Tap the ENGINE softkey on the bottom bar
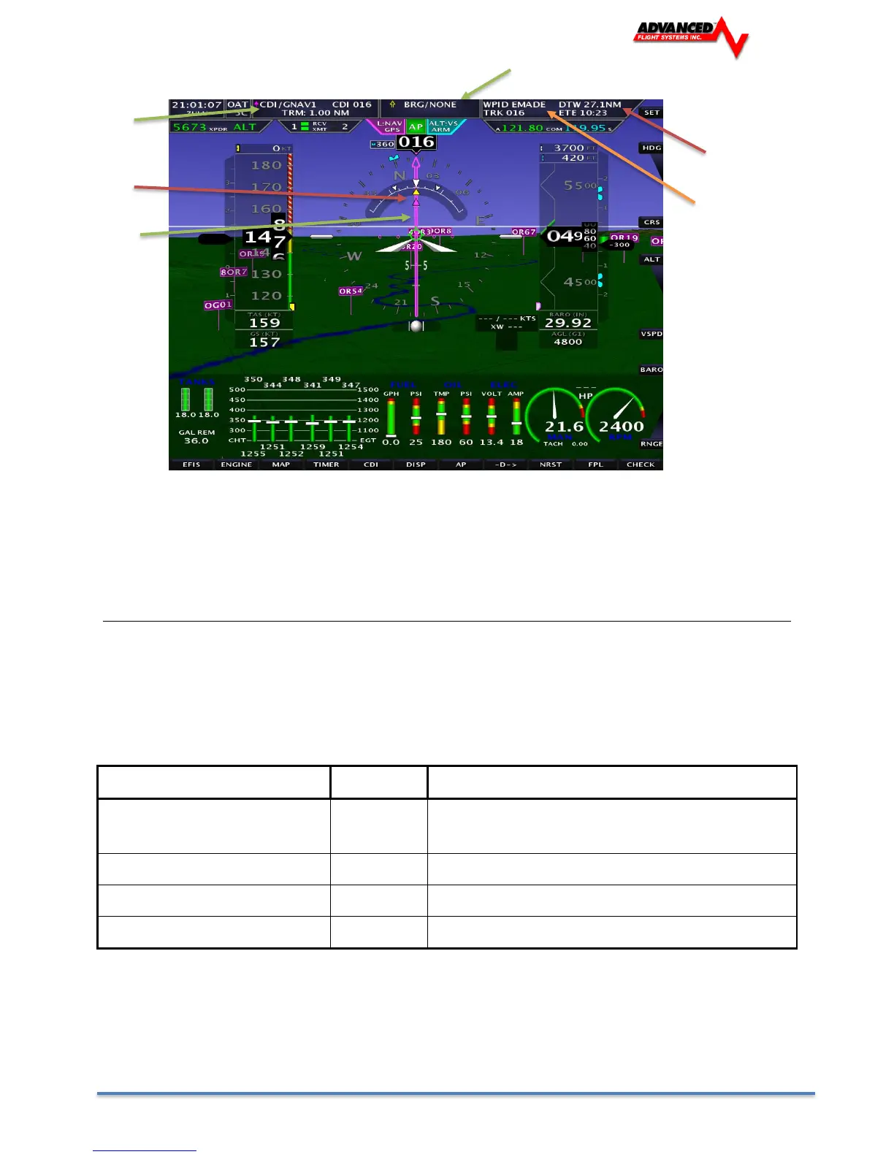point(236,465)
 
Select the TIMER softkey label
point(326,465)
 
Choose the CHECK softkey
point(641,465)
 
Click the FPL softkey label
point(595,465)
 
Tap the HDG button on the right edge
point(651,148)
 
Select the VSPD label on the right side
point(651,334)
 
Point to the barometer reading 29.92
point(568,323)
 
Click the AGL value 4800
point(568,342)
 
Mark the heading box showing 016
point(416,142)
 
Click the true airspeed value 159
point(264,323)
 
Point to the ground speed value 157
point(264,342)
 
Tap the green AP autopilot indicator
point(416,127)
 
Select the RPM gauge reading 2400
point(622,427)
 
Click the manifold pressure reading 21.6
point(565,427)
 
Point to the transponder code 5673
point(189,127)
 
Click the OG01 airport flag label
point(218,305)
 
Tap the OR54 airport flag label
point(351,291)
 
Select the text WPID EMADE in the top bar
point(514,104)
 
